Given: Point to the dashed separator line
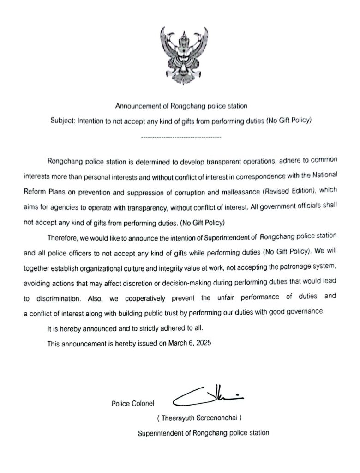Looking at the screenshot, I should (x=180, y=137).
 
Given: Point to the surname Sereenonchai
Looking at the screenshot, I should (x=216, y=418).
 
